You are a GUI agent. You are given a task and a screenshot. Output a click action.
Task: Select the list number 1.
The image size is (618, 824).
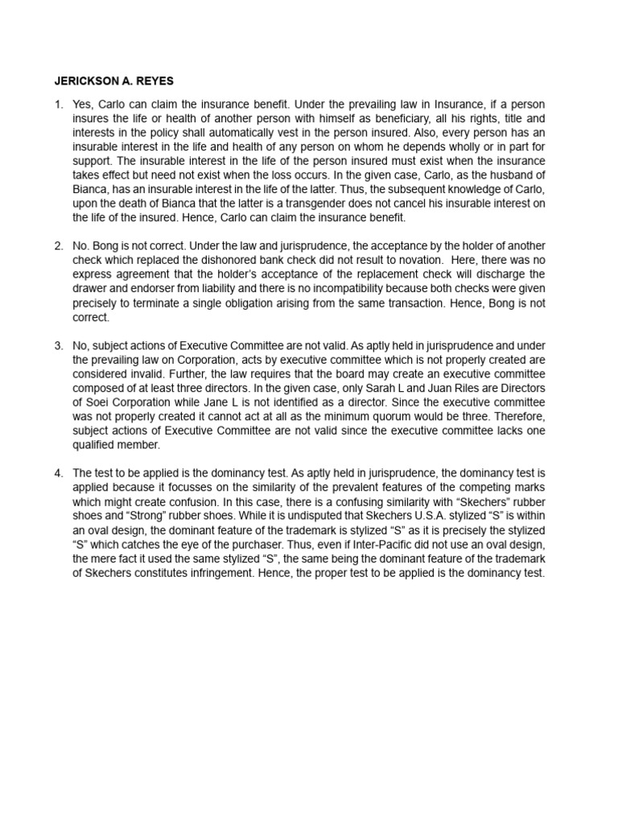tap(58, 105)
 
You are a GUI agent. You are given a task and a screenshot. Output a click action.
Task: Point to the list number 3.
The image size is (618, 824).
tap(58, 345)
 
